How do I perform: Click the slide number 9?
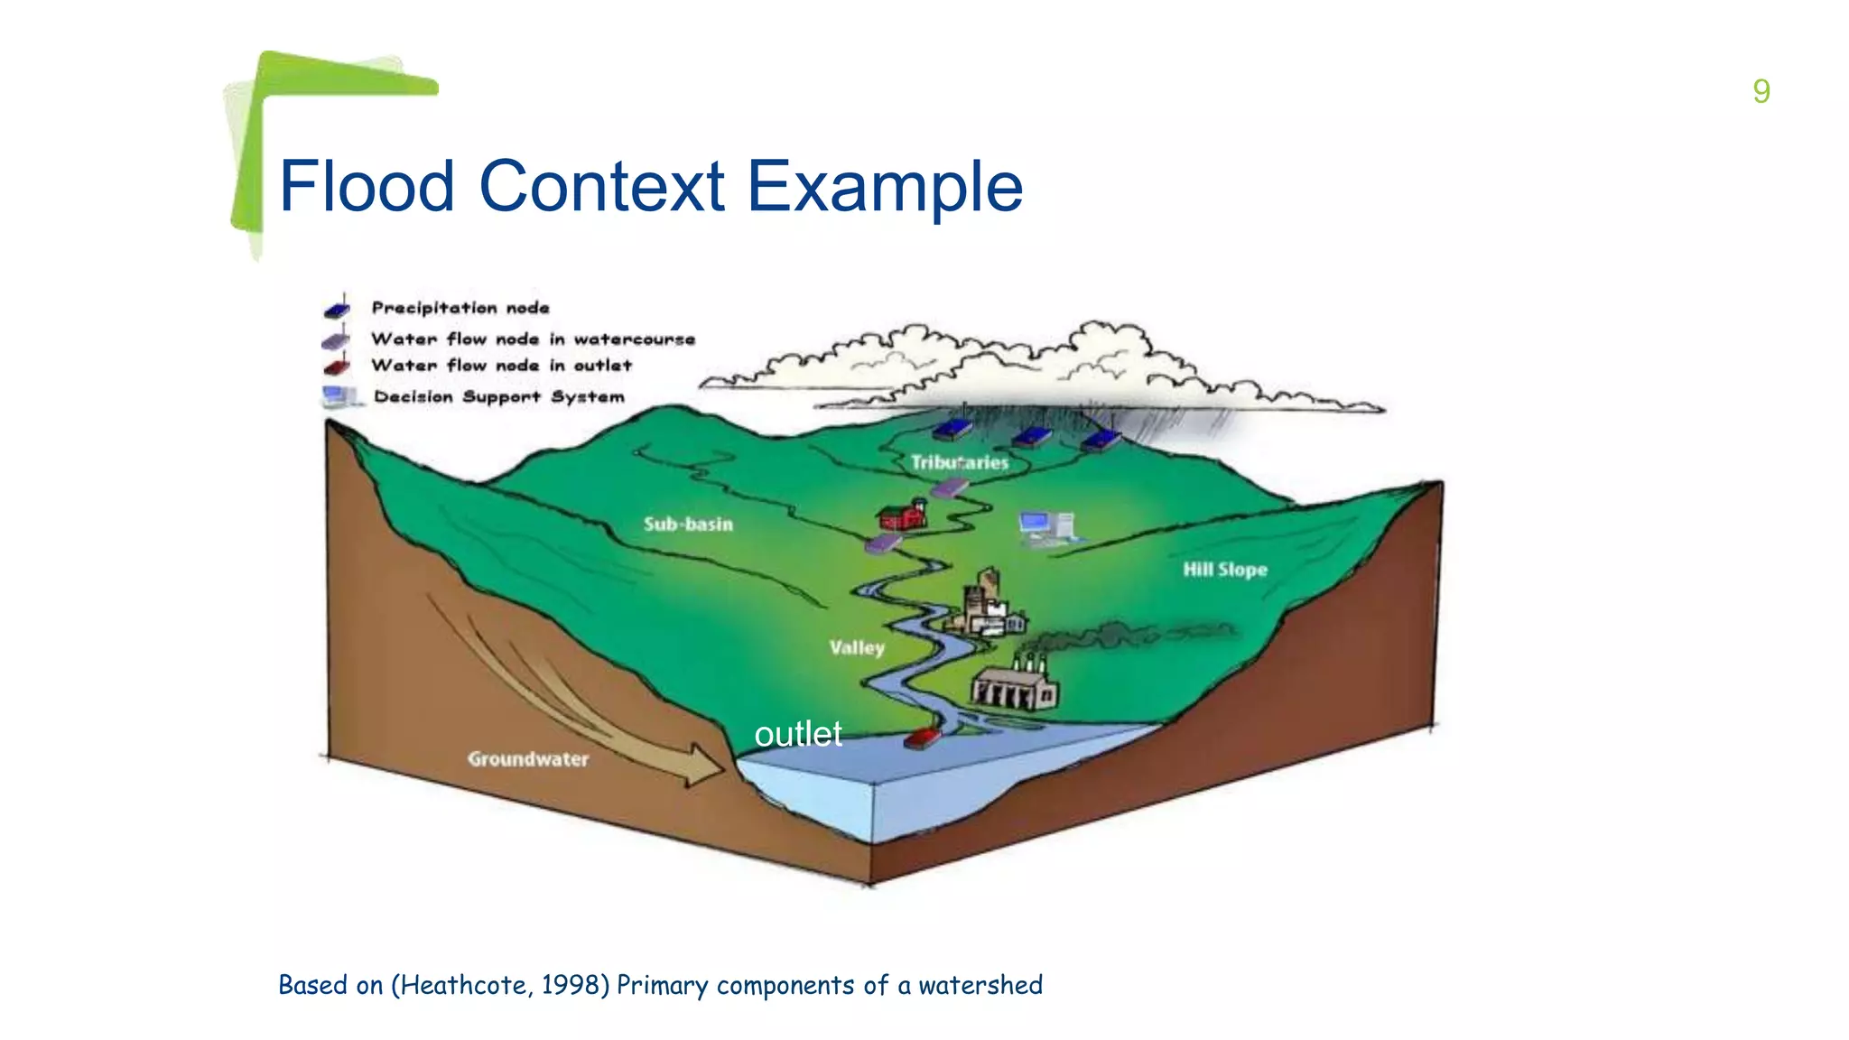click(x=1761, y=91)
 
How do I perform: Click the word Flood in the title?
click(x=367, y=187)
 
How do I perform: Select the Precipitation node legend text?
click(x=460, y=308)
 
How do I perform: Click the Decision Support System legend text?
click(x=498, y=397)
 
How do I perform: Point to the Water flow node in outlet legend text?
click(x=501, y=366)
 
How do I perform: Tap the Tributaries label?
click(x=959, y=462)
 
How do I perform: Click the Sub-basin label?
click(x=688, y=524)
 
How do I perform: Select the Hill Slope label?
click(x=1225, y=570)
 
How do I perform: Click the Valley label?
click(x=857, y=647)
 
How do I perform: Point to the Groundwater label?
click(x=528, y=759)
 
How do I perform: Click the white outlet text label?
click(x=798, y=734)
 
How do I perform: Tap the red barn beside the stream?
click(x=902, y=515)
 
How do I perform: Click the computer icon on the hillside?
click(x=1045, y=527)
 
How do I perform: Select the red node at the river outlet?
click(x=922, y=738)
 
